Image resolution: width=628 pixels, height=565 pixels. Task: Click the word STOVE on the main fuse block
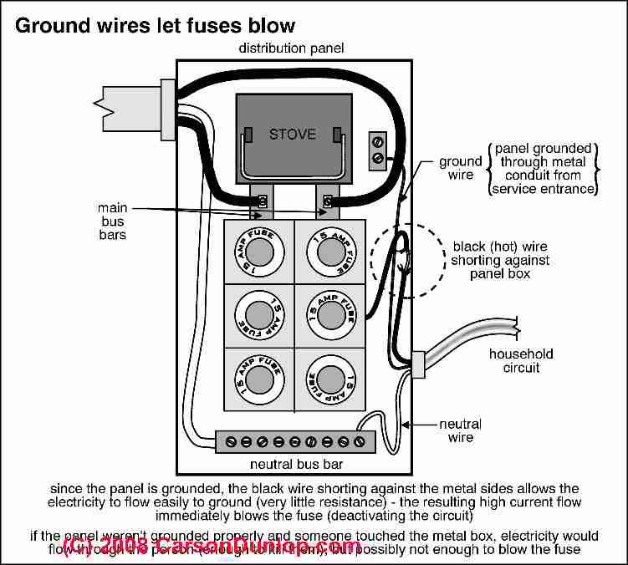coord(292,134)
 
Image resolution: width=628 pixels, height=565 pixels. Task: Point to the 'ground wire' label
coord(460,168)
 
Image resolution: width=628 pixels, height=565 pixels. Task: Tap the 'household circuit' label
coord(521,361)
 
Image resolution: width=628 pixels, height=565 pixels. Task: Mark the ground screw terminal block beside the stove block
coord(378,149)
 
